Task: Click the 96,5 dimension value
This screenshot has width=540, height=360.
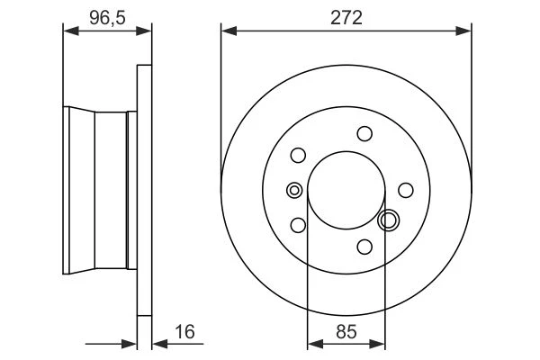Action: pyautogui.click(x=107, y=18)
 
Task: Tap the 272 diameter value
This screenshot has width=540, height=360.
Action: pyautogui.click(x=346, y=18)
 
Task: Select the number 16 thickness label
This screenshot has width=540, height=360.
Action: pyautogui.click(x=184, y=332)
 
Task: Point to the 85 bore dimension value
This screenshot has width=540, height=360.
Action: pyautogui.click(x=346, y=332)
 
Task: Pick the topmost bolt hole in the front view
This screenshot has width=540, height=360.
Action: pyautogui.click(x=364, y=134)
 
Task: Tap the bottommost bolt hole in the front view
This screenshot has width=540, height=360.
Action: pyautogui.click(x=364, y=247)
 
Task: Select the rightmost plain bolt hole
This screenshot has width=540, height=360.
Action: pyautogui.click(x=406, y=190)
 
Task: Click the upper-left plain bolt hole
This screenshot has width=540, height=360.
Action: pyautogui.click(x=298, y=156)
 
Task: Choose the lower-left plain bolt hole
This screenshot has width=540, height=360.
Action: pyautogui.click(x=298, y=225)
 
